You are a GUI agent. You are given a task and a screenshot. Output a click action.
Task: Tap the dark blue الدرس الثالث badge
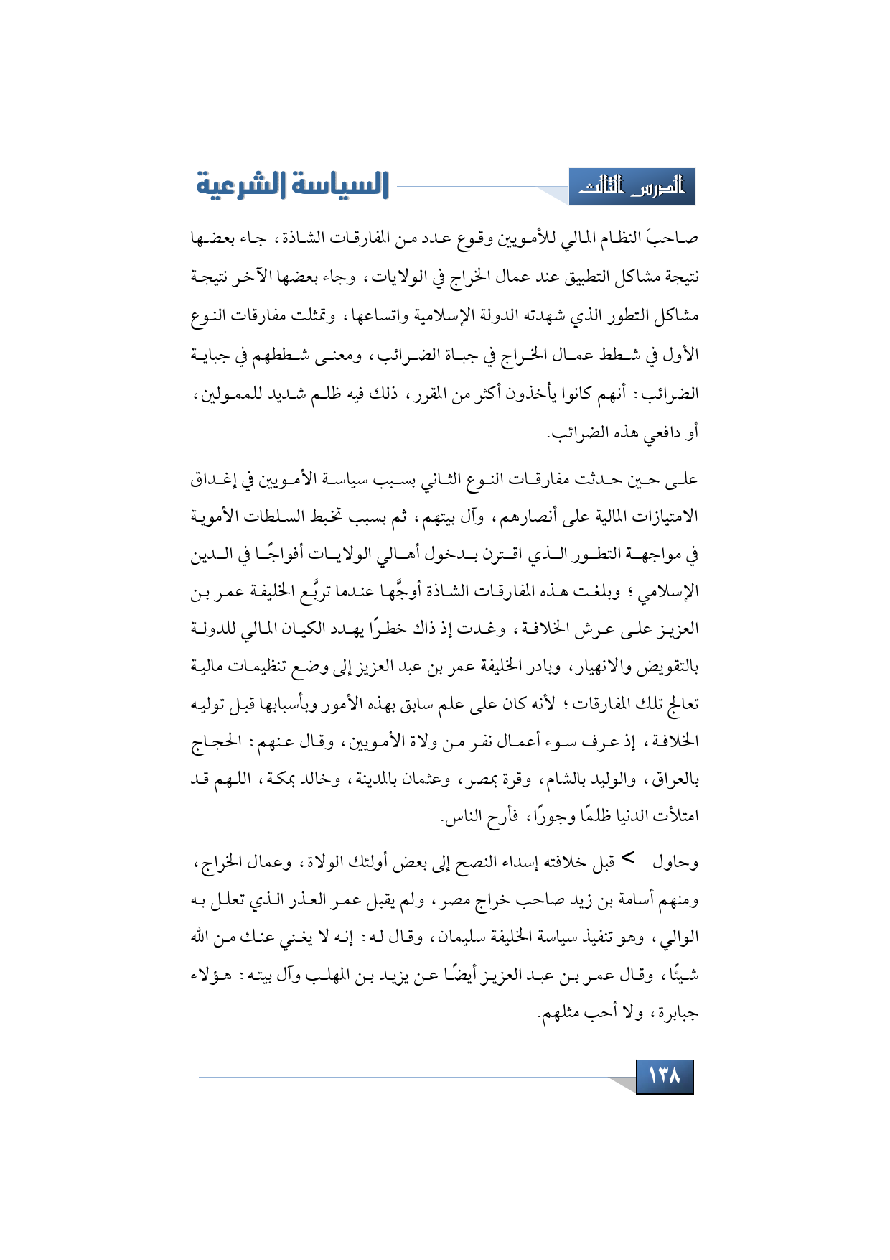(x=632, y=187)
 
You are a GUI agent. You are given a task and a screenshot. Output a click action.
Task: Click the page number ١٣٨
(x=664, y=1076)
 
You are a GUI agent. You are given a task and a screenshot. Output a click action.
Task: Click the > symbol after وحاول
(x=628, y=858)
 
